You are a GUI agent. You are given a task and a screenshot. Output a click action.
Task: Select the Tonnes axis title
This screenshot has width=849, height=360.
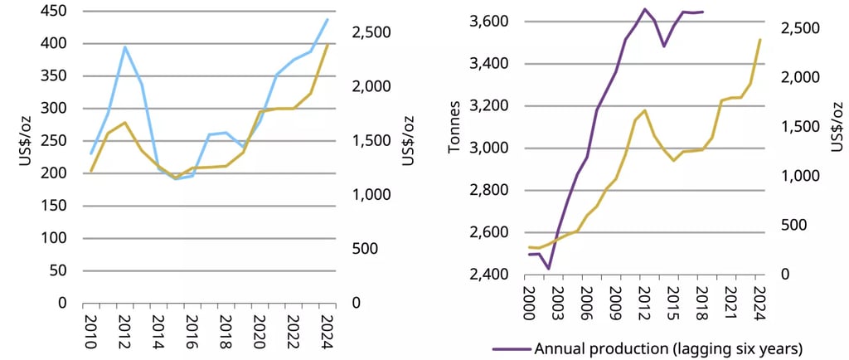point(454,147)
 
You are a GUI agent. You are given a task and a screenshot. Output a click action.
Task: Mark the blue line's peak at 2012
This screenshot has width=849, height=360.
point(125,46)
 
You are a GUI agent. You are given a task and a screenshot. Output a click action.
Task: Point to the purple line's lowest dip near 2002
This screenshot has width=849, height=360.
point(548,269)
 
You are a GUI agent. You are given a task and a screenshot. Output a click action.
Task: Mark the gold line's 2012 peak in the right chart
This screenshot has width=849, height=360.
point(644,109)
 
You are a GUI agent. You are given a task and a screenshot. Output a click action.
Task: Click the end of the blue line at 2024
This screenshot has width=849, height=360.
point(327,18)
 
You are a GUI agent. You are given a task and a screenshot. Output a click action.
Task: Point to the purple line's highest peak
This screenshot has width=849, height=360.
point(644,9)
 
